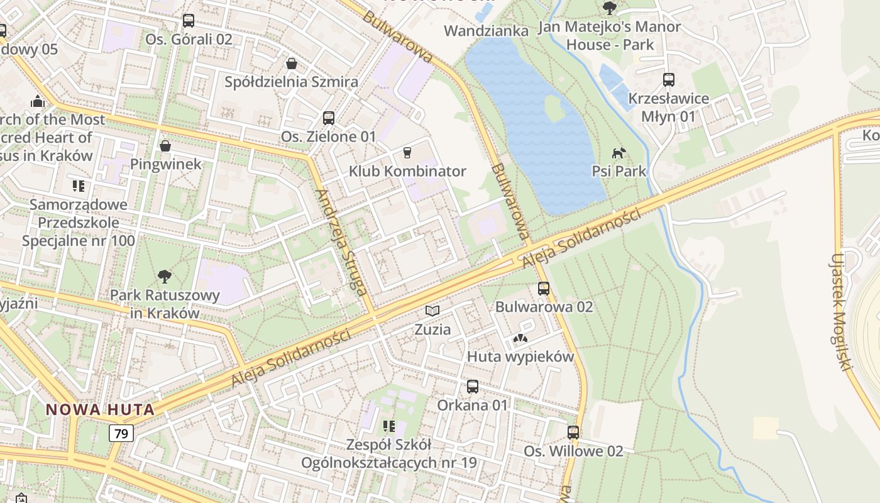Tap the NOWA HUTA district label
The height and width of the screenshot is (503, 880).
[100, 410]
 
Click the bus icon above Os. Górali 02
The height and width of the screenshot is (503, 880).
[189, 21]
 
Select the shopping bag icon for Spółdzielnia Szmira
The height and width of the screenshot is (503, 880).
[292, 63]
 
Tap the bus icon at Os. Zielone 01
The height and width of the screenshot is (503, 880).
[328, 118]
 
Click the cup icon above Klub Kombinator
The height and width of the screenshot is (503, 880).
[407, 152]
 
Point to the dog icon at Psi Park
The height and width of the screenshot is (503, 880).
[619, 153]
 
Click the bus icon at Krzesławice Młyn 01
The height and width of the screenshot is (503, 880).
[669, 80]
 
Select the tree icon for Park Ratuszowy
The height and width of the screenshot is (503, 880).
[165, 276]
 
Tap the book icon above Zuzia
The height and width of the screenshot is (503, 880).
[432, 311]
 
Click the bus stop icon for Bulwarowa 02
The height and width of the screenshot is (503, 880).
[544, 289]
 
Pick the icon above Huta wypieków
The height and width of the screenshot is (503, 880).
[520, 338]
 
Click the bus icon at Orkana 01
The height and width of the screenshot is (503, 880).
[473, 387]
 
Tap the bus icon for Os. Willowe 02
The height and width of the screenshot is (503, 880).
[573, 433]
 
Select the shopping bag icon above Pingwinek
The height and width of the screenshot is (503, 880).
[165, 146]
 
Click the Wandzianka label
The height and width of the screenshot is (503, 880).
[486, 31]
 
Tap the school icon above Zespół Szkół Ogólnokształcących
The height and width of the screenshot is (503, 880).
[389, 426]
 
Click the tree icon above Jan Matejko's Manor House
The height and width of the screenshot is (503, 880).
[609, 8]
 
